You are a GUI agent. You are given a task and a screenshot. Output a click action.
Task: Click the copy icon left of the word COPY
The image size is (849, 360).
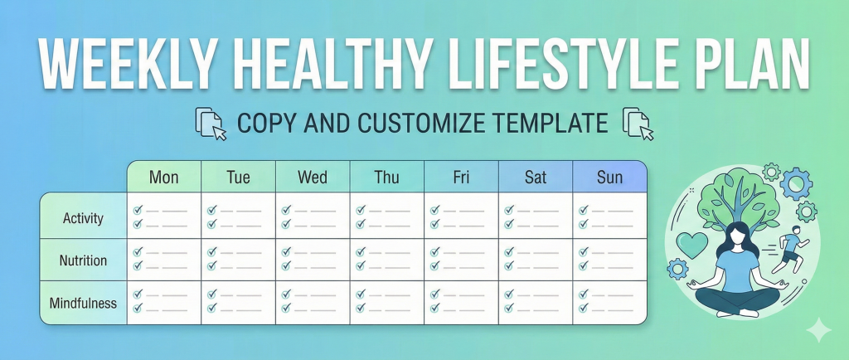click(211, 124)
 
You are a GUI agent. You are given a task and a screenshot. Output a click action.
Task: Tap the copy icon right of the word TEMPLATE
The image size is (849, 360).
click(638, 124)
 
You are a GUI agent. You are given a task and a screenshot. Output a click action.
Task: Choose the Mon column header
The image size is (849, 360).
click(163, 177)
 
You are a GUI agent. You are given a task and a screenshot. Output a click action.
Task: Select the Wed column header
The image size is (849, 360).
click(313, 177)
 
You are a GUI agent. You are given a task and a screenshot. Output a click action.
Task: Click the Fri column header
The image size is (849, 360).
click(461, 177)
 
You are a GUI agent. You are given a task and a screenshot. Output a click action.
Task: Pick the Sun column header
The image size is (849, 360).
click(609, 177)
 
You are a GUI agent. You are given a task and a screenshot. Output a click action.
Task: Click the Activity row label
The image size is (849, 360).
click(83, 218)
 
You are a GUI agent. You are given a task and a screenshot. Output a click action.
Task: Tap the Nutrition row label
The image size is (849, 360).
click(83, 260)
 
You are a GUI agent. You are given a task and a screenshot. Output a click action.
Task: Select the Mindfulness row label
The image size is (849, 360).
click(83, 303)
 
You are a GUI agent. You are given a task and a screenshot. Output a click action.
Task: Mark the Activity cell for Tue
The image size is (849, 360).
click(238, 217)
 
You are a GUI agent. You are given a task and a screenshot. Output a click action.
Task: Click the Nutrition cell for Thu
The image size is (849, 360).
click(386, 260)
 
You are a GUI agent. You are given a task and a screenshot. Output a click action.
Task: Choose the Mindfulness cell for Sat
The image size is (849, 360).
click(535, 302)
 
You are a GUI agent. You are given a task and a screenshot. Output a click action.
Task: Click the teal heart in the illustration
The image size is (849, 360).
click(692, 246)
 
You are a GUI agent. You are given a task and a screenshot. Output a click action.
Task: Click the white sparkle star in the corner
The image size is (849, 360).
click(819, 330)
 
